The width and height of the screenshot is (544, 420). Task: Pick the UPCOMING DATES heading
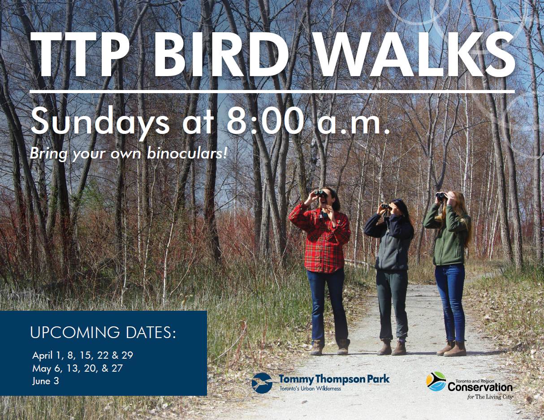click(x=103, y=333)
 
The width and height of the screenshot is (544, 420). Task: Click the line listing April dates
click(x=82, y=356)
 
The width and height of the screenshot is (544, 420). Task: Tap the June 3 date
click(x=45, y=381)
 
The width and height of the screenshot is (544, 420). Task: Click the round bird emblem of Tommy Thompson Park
click(x=262, y=383)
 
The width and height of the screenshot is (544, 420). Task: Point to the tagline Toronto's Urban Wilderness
click(x=310, y=389)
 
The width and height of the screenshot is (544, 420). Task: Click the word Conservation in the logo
click(x=480, y=386)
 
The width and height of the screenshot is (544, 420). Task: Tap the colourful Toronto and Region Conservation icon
click(x=436, y=381)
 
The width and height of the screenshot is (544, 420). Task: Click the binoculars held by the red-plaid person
click(x=319, y=193)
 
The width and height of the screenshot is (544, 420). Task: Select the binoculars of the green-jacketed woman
click(x=441, y=195)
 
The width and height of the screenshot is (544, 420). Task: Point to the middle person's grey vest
click(x=392, y=251)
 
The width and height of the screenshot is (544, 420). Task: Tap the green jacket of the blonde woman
click(x=450, y=237)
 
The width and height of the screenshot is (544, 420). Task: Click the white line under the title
click(x=272, y=91)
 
